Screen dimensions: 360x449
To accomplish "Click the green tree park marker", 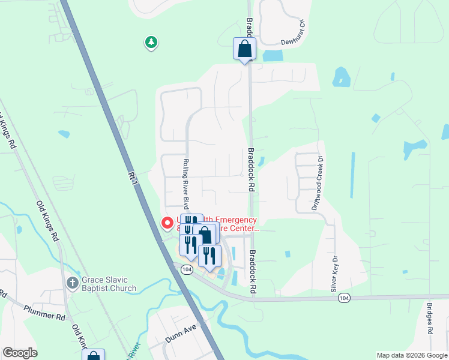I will click(151, 42).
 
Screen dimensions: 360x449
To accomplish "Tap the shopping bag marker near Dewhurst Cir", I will click(244, 49).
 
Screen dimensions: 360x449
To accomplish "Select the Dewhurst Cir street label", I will click(294, 34).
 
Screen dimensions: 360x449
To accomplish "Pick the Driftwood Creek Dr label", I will click(316, 182).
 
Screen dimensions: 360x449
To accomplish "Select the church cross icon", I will click(71, 282).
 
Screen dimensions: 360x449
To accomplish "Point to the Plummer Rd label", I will click(44, 312).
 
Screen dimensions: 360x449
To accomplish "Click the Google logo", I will click(20, 353).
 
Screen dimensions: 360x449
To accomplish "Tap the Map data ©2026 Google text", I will click(412, 355).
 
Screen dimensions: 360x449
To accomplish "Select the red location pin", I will click(167, 223).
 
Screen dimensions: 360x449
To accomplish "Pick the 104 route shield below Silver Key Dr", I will click(344, 298).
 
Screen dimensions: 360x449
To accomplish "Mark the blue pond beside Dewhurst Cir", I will click(273, 56).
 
